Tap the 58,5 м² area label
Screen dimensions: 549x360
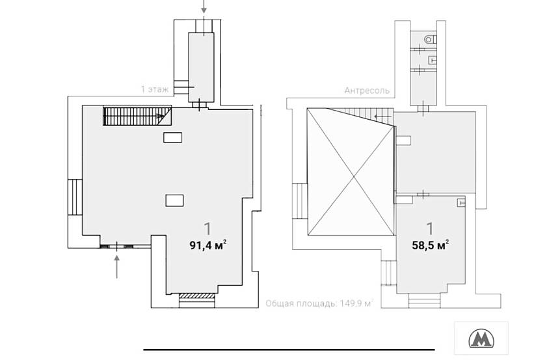[x=431, y=245]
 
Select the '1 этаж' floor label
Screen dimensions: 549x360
[x=155, y=89]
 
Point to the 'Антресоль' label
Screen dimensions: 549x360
[x=367, y=90]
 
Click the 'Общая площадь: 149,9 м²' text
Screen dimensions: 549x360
[x=319, y=303]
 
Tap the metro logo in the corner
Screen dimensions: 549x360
[x=481, y=339]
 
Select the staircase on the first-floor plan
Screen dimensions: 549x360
[x=137, y=115]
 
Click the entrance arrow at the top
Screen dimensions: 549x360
[x=204, y=7]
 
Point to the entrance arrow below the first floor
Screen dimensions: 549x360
[x=117, y=267]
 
